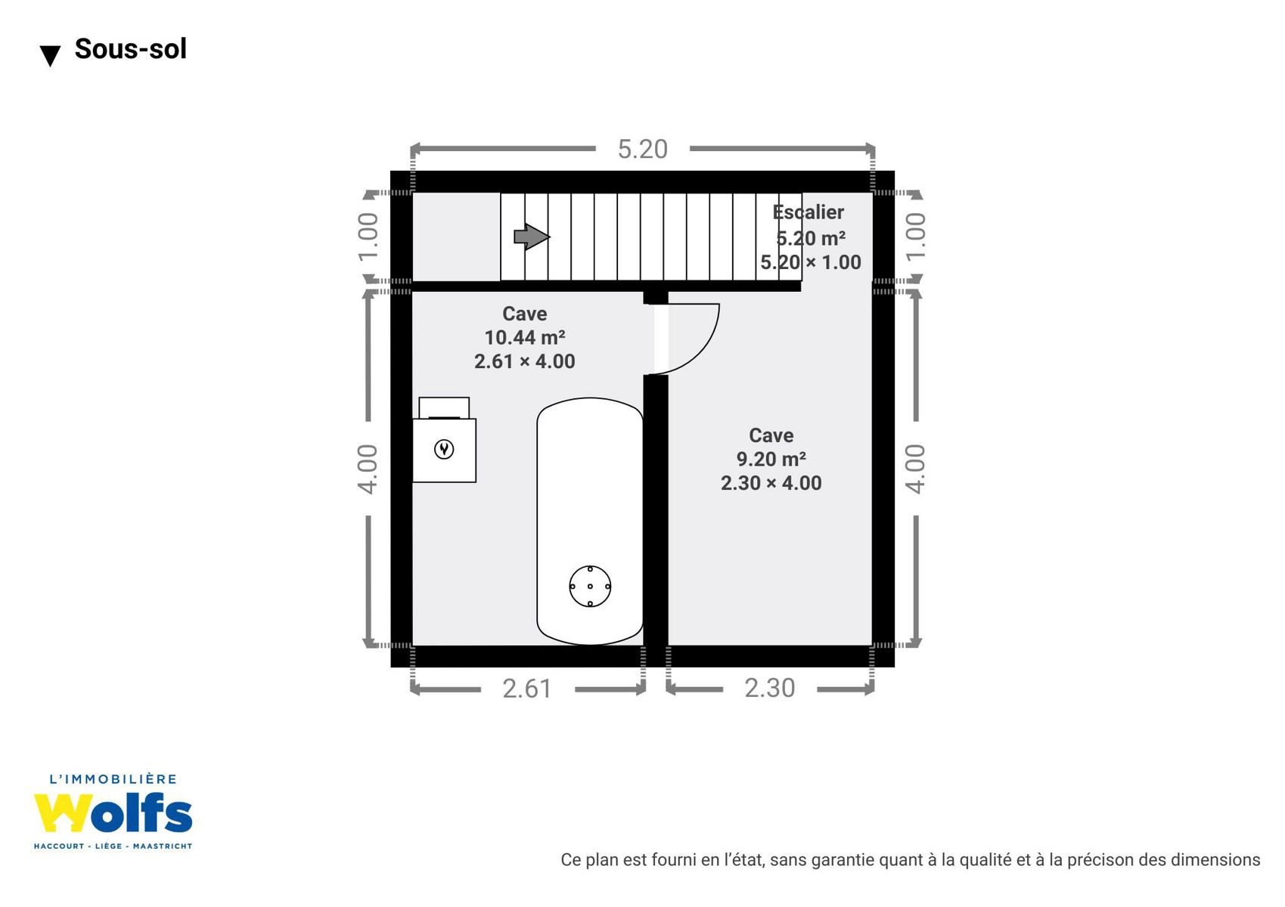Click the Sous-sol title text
130,48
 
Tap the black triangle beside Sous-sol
50,56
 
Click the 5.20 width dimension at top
643,149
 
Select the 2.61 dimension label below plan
526,689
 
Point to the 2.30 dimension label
769,688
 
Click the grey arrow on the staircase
532,237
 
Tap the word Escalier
808,212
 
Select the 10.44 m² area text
524,337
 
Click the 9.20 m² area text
771,459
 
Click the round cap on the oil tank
590,586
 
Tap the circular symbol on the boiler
444,449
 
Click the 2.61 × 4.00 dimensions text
524,361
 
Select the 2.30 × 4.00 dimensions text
771,483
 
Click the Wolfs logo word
113,813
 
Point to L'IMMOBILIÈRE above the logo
113,779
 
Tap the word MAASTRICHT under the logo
163,847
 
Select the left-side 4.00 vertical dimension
368,469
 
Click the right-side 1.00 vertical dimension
916,237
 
